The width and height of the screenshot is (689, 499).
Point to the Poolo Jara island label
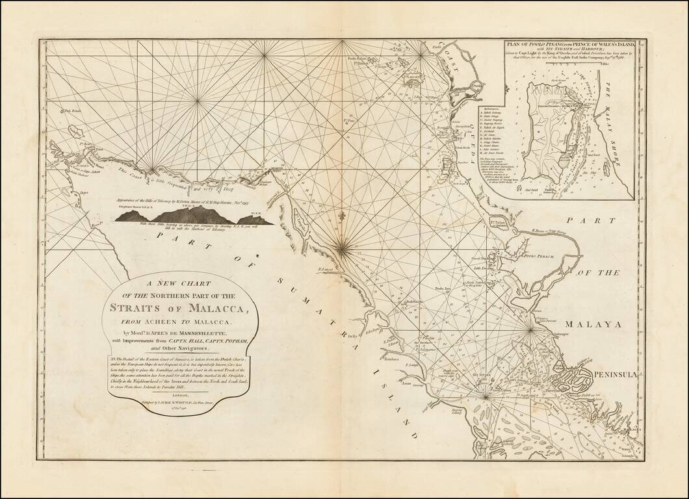tap(443, 285)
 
